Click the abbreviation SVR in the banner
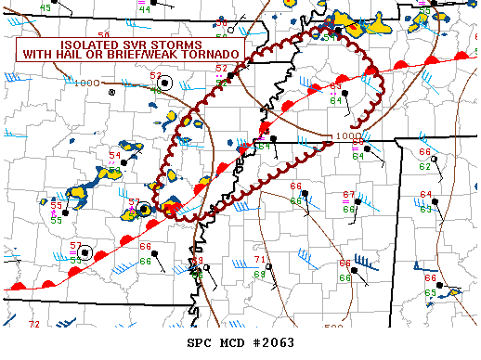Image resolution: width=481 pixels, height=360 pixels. point(136,45)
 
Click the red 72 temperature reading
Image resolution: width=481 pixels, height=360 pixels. point(34,325)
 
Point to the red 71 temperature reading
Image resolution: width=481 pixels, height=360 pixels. point(260,259)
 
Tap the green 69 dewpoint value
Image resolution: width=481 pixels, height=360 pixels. point(260,275)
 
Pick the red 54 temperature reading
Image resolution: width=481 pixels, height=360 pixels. point(114,156)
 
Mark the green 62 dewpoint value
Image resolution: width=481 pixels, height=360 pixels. point(424,167)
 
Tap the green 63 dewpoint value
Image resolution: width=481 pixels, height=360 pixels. point(425,210)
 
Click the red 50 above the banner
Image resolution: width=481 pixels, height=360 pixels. point(103,34)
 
